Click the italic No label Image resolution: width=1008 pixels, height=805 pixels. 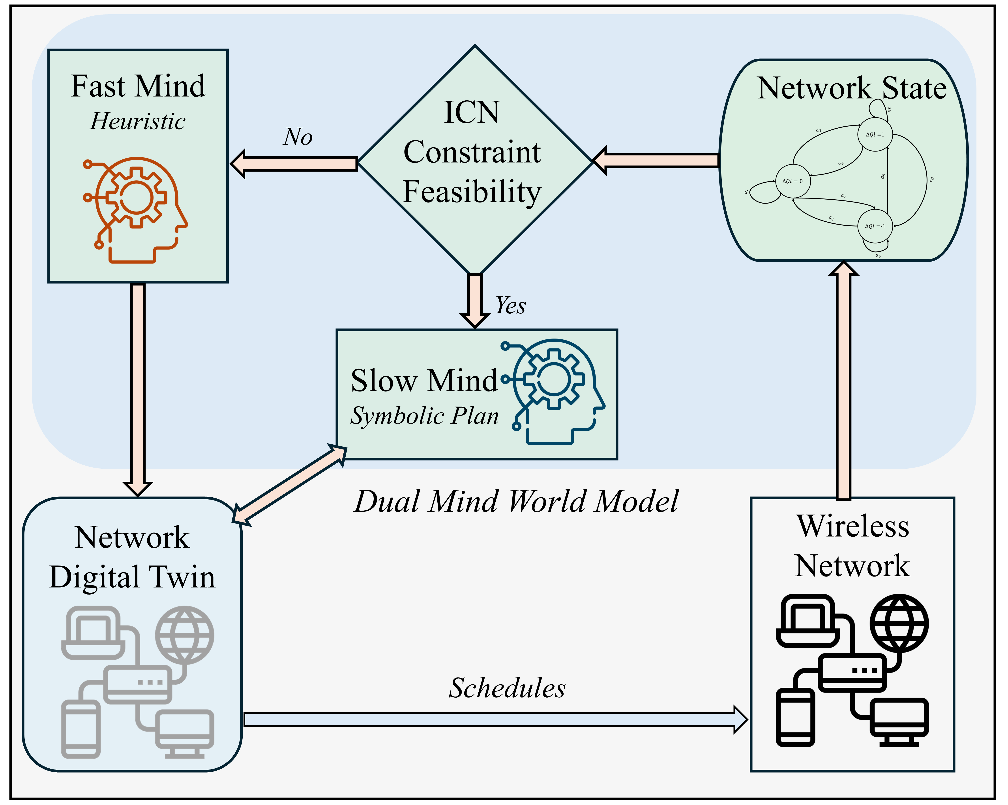pos(298,137)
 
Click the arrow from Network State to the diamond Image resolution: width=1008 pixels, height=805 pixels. pos(657,160)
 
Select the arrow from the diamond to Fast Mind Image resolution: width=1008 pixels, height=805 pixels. pos(294,164)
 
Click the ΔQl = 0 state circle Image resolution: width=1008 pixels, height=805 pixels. pos(793,181)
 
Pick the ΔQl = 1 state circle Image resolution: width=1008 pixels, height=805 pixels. pos(875,135)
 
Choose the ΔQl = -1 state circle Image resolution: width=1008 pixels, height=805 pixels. pos(875,226)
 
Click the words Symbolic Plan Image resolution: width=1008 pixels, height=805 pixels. pos(425,416)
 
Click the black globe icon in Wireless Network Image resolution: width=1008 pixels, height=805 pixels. pos(899,623)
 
